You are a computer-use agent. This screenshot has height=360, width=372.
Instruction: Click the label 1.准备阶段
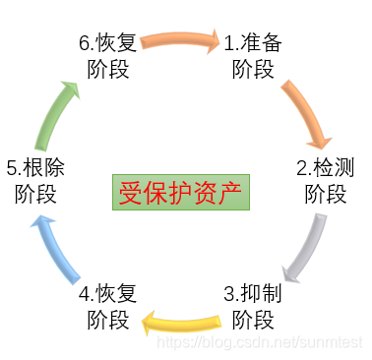(x=258, y=55)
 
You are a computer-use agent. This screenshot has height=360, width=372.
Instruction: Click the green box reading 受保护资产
(x=180, y=190)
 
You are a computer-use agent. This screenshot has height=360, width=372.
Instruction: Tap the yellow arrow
(x=181, y=320)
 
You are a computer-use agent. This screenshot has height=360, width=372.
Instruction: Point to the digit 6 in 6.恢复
(x=84, y=43)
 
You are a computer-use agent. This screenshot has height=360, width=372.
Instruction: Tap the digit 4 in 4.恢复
(x=84, y=293)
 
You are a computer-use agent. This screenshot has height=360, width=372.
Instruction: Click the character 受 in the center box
(x=130, y=190)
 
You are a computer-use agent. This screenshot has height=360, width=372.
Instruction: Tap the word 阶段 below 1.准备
(x=255, y=69)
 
